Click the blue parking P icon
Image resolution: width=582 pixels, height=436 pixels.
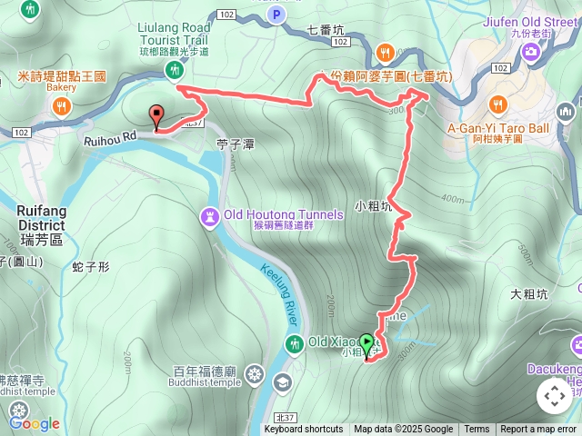[277, 15]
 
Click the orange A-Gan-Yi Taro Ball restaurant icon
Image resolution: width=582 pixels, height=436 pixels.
[497, 104]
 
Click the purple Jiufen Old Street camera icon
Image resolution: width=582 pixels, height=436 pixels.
[533, 52]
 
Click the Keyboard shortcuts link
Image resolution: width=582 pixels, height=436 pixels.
[304, 430]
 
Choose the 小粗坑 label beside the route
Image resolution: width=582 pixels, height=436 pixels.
[373, 207]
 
